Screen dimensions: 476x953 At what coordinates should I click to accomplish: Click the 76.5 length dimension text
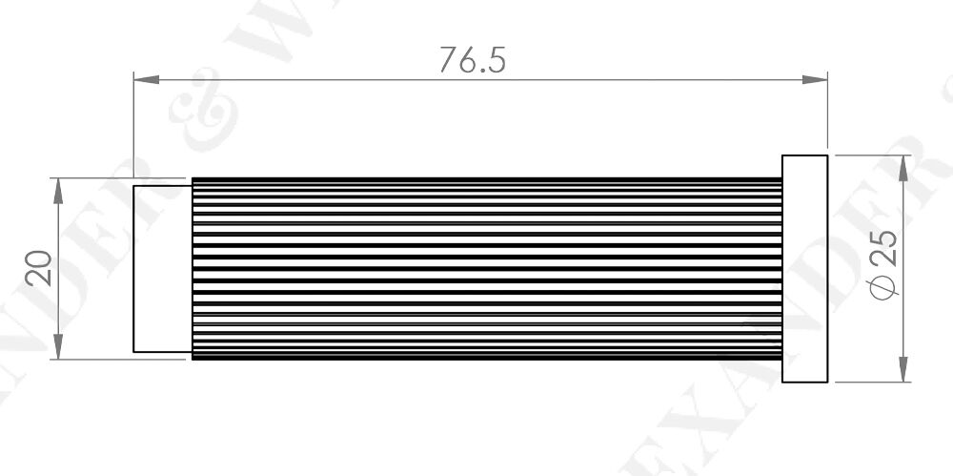coord(472,59)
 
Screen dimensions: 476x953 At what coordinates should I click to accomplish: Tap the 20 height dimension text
coord(38,269)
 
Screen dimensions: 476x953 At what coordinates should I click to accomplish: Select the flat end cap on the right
coord(804,268)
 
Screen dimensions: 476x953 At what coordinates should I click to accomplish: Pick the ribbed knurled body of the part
coord(486,268)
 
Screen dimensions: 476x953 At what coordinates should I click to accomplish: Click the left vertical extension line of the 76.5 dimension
coord(132,124)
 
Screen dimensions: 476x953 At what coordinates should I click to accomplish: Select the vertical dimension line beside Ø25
coord(902,229)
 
